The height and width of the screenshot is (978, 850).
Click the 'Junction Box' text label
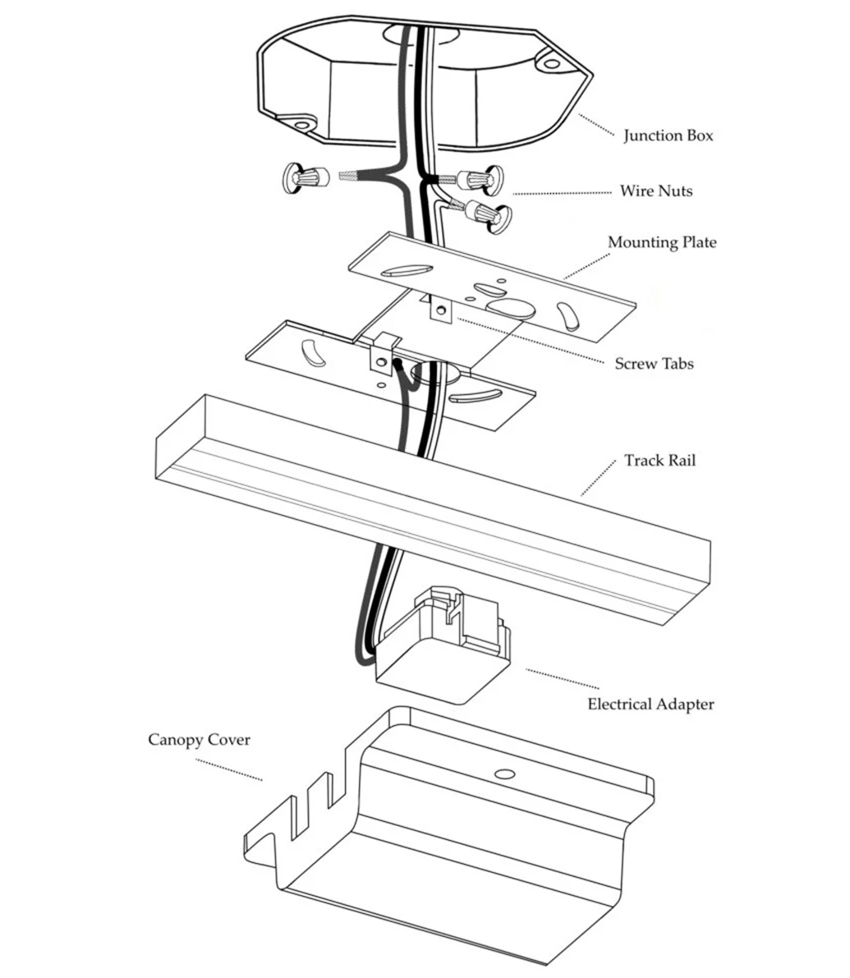point(668,135)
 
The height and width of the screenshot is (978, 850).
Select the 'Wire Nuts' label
point(655,191)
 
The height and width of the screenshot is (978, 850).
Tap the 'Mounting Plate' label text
point(661,242)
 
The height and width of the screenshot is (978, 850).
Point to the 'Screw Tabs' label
point(654,363)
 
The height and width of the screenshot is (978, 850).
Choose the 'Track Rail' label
point(659,460)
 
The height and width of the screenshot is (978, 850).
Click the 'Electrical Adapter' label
point(650,704)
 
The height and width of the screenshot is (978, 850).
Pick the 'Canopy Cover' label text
point(199,740)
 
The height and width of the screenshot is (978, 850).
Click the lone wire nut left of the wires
point(304,177)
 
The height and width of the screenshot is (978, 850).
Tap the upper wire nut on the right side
point(480,178)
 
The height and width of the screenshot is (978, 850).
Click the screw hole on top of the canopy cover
point(504,774)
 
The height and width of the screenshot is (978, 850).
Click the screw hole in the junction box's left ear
point(301,126)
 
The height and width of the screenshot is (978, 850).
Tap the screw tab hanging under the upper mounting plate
point(441,310)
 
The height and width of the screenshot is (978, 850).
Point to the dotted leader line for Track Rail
point(598,478)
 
